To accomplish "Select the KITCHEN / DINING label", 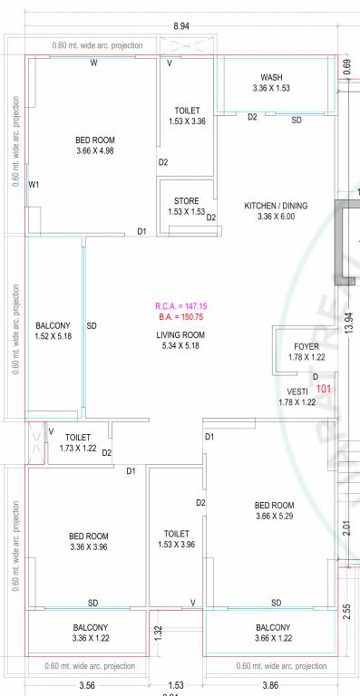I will (x=276, y=206).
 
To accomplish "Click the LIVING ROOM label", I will (x=180, y=334).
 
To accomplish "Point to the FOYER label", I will (x=306, y=347).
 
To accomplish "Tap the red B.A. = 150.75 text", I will (x=180, y=317).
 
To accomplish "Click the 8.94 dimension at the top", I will (x=181, y=27).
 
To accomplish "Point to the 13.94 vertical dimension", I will (x=348, y=324).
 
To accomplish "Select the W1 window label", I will (x=34, y=184).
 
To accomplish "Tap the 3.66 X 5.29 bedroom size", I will (x=275, y=517).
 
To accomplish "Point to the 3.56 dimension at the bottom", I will (x=88, y=685).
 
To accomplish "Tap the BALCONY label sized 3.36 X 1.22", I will (x=90, y=627).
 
